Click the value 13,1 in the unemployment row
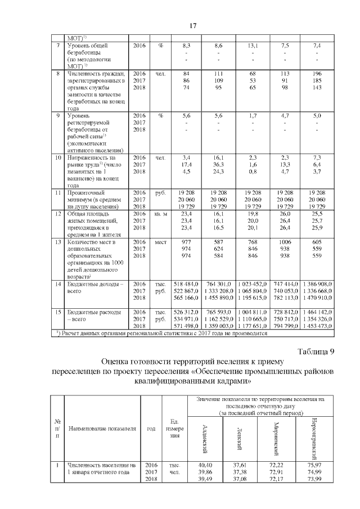point(253,45)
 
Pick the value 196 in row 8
point(317,74)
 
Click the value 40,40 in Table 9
point(206,466)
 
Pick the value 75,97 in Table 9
point(314,466)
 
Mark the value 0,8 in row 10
point(253,171)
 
